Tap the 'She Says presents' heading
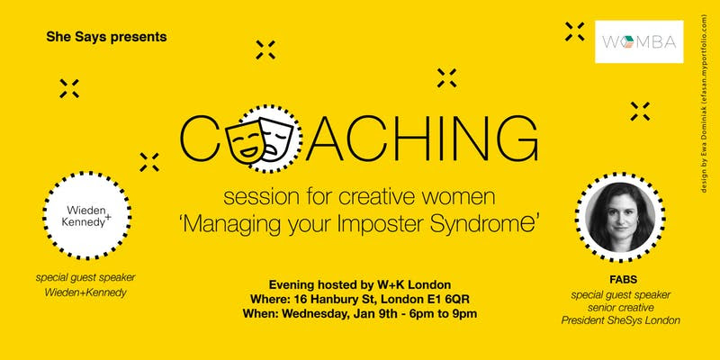click(106, 39)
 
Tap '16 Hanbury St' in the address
click(346, 298)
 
